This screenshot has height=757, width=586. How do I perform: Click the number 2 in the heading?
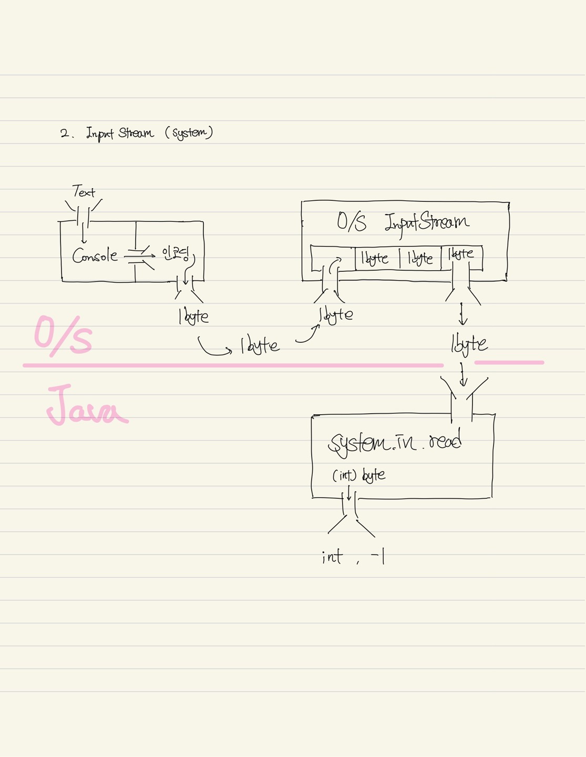(x=65, y=134)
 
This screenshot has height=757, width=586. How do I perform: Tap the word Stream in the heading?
(x=136, y=132)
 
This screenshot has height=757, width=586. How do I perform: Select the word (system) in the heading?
(x=189, y=132)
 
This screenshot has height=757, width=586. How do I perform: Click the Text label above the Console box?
(x=84, y=192)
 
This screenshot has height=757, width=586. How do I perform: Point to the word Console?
(x=95, y=256)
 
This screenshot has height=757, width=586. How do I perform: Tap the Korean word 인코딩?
(x=176, y=254)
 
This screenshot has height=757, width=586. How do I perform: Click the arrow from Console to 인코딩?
(x=139, y=256)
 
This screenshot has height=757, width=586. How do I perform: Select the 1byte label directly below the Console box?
(x=193, y=316)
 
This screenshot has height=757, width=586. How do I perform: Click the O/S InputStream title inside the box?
(x=403, y=222)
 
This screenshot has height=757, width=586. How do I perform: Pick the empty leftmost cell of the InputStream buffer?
(x=333, y=258)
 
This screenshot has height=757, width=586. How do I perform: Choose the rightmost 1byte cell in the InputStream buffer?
(x=461, y=254)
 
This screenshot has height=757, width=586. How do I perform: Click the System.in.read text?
(x=395, y=443)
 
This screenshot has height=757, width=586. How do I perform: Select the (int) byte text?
(x=359, y=476)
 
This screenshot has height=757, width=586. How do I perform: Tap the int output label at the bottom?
(x=332, y=557)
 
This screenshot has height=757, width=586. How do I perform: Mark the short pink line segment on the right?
(x=509, y=362)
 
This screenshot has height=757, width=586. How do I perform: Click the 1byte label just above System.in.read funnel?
(x=469, y=344)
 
